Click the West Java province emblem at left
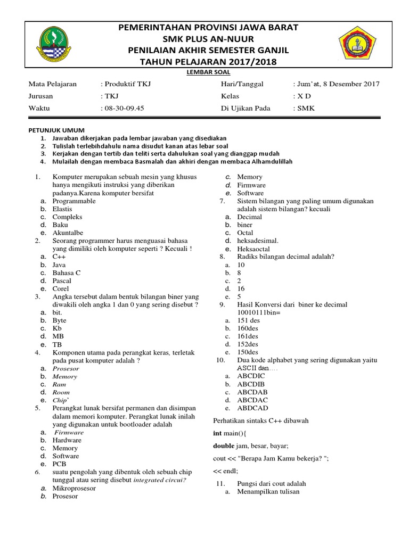click(54, 45)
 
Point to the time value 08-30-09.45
click(124, 108)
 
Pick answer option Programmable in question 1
click(74, 201)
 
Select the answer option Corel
click(61, 289)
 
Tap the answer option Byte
click(59, 321)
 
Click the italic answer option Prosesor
click(66, 368)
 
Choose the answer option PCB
click(59, 464)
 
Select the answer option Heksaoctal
click(253, 249)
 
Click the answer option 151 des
click(248, 320)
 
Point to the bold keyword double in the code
click(224, 445)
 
